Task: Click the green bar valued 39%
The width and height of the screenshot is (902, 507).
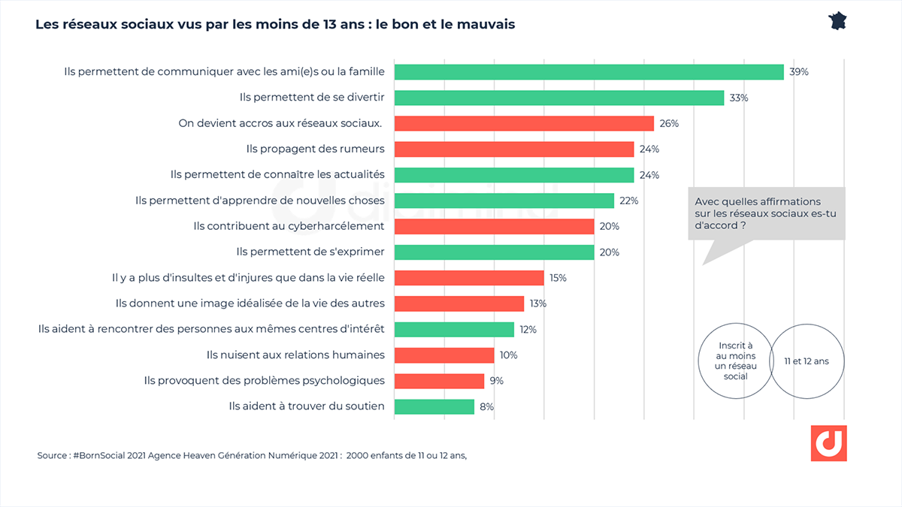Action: point(589,72)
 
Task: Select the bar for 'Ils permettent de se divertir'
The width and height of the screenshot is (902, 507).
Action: point(558,98)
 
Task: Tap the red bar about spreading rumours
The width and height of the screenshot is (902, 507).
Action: point(513,149)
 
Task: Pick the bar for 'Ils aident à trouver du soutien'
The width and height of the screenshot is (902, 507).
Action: point(434,406)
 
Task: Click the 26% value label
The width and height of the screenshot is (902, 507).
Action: point(669,123)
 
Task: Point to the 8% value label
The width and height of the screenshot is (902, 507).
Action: point(486,406)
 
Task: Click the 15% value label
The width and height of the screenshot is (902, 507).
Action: point(558,278)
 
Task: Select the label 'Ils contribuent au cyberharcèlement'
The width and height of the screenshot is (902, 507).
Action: point(289,226)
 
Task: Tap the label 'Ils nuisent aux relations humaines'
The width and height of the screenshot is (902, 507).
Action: point(295,355)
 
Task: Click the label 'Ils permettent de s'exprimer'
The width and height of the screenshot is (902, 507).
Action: point(310,252)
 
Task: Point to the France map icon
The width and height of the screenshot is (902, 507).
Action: point(837,20)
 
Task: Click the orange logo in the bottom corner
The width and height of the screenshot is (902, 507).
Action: point(828,443)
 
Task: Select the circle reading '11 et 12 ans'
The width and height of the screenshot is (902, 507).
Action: point(806,361)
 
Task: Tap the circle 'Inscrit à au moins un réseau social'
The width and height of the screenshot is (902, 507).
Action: point(736,361)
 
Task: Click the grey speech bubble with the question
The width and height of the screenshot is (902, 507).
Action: point(766,214)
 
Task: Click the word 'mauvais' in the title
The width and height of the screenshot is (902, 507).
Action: point(486,24)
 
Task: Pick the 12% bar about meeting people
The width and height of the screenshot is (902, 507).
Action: point(454,329)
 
